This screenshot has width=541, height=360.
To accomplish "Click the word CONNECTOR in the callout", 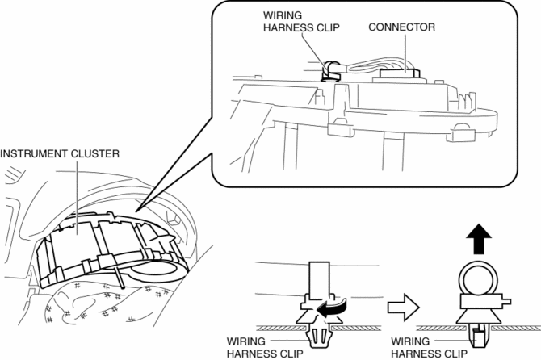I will [402, 27].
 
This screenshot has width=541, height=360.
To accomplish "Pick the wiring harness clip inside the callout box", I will [329, 71].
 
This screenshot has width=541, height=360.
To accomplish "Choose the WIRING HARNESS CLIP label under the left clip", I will [255, 346].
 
